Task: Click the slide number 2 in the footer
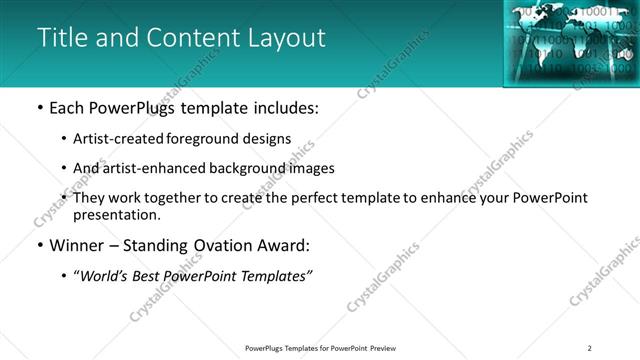pyautogui.click(x=590, y=348)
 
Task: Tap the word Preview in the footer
pyautogui.click(x=383, y=348)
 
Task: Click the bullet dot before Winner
pyautogui.click(x=39, y=247)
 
